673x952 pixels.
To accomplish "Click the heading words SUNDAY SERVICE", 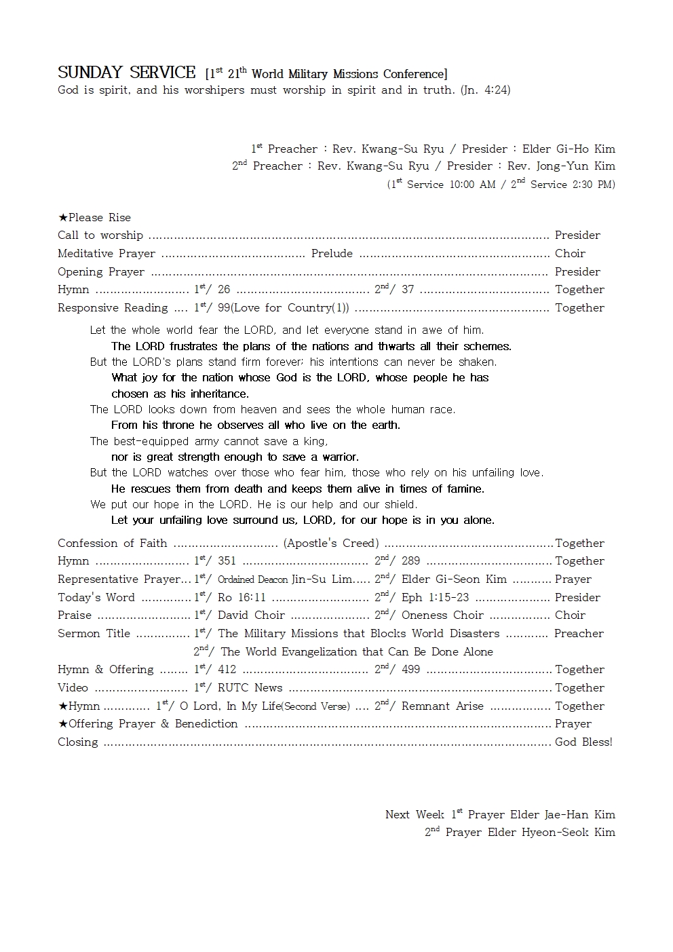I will [126, 73].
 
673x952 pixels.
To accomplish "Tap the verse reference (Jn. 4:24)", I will [485, 90].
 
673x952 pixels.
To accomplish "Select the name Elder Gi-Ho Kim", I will [569, 149].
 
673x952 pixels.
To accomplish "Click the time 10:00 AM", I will [472, 185].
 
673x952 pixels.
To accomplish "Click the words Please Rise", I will [99, 218].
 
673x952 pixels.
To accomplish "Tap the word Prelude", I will [332, 254].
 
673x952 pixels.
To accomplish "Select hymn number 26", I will [224, 290].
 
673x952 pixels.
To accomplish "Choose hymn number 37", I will [408, 290].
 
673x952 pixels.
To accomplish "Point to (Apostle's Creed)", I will [331, 544].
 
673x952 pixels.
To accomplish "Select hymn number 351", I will [227, 561].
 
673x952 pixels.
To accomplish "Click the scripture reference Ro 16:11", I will [242, 598].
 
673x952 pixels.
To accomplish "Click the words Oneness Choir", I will [442, 615].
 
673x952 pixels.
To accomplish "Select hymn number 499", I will [410, 670].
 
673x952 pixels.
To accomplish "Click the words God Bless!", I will [583, 742].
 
